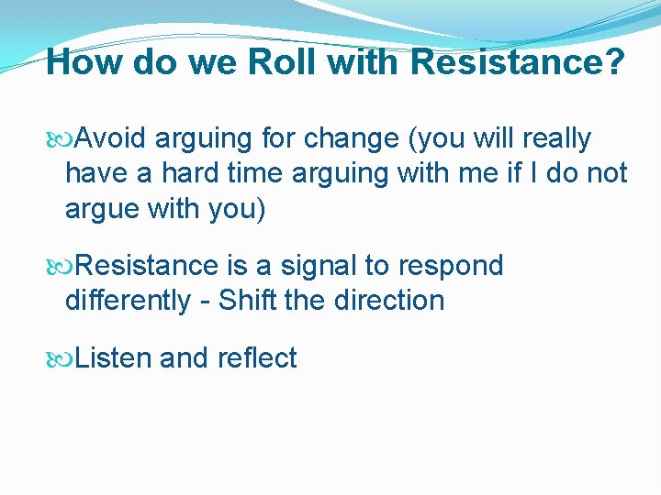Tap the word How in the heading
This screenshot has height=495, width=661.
84,62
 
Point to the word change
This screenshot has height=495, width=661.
354,138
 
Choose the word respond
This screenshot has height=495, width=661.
450,266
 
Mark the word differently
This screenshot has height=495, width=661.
128,300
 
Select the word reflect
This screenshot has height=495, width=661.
257,357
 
